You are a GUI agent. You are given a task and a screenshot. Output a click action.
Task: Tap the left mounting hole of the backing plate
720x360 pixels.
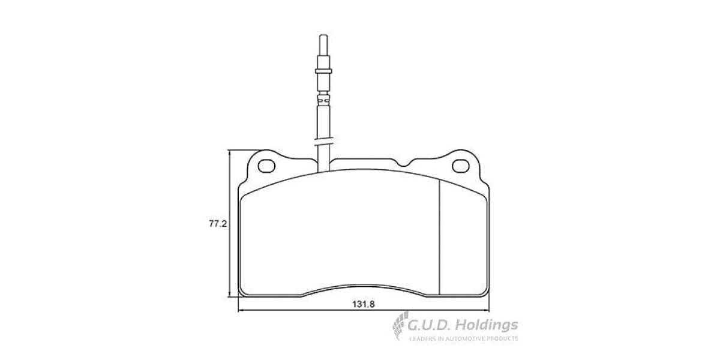265,165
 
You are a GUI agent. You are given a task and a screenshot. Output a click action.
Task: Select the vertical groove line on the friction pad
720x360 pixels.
440,237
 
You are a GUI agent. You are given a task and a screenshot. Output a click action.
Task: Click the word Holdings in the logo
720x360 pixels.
486,325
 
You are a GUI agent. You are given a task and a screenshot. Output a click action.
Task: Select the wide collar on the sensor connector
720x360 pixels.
323,70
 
